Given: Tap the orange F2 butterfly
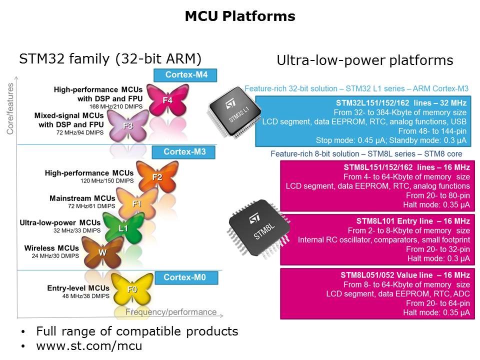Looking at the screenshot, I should tap(157, 177).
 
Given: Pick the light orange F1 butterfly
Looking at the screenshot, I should tap(136, 203).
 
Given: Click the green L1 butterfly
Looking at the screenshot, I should tap(122, 228).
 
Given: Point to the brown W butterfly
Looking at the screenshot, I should tap(102, 252).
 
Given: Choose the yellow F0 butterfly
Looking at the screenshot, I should tap(131, 289).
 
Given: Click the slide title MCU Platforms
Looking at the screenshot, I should tap(240, 16).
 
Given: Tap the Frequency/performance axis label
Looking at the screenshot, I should tap(171, 312).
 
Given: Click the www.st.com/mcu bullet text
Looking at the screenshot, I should tap(89, 345).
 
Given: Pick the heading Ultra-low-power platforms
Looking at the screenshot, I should tap(365, 61).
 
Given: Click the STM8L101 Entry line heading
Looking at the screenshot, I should tap(413, 221).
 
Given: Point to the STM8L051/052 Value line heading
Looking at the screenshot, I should tap(405, 275).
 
